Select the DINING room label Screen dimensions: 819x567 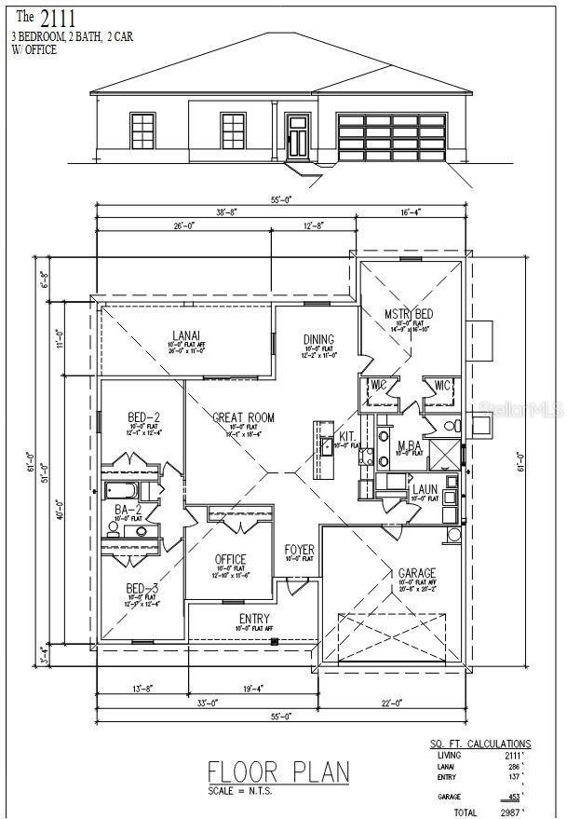pos(318,340)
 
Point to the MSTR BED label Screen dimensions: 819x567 pos(410,313)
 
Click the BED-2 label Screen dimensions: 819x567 pos(143,416)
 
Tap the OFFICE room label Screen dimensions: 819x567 pos(230,559)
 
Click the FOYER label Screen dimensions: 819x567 pos(299,550)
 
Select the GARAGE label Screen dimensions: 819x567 pos(416,573)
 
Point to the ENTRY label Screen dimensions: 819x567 pos(253,619)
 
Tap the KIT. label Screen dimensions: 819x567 pos(346,436)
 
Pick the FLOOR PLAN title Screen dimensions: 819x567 pos(278,772)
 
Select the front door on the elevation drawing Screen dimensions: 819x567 pos(298,136)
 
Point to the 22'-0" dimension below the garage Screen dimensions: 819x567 pos(392,703)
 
